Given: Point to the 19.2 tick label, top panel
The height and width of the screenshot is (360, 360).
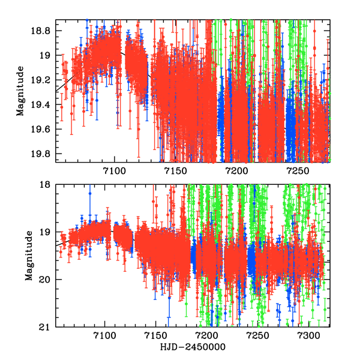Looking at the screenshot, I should click(x=45, y=80).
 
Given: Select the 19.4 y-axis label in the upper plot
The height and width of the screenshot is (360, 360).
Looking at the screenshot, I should click(x=45, y=105).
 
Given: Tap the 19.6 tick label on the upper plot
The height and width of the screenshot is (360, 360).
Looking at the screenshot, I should click(x=45, y=130).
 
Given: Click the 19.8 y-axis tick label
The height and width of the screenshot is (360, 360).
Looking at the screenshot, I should click(x=45, y=154).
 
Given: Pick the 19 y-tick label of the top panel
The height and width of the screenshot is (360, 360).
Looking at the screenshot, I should click(x=49, y=55).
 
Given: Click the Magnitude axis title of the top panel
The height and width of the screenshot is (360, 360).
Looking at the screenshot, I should click(x=21, y=91).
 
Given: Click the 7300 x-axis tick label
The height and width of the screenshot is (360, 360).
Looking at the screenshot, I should click(x=309, y=337).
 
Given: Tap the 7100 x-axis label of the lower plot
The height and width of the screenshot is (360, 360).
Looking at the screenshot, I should click(x=105, y=337).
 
